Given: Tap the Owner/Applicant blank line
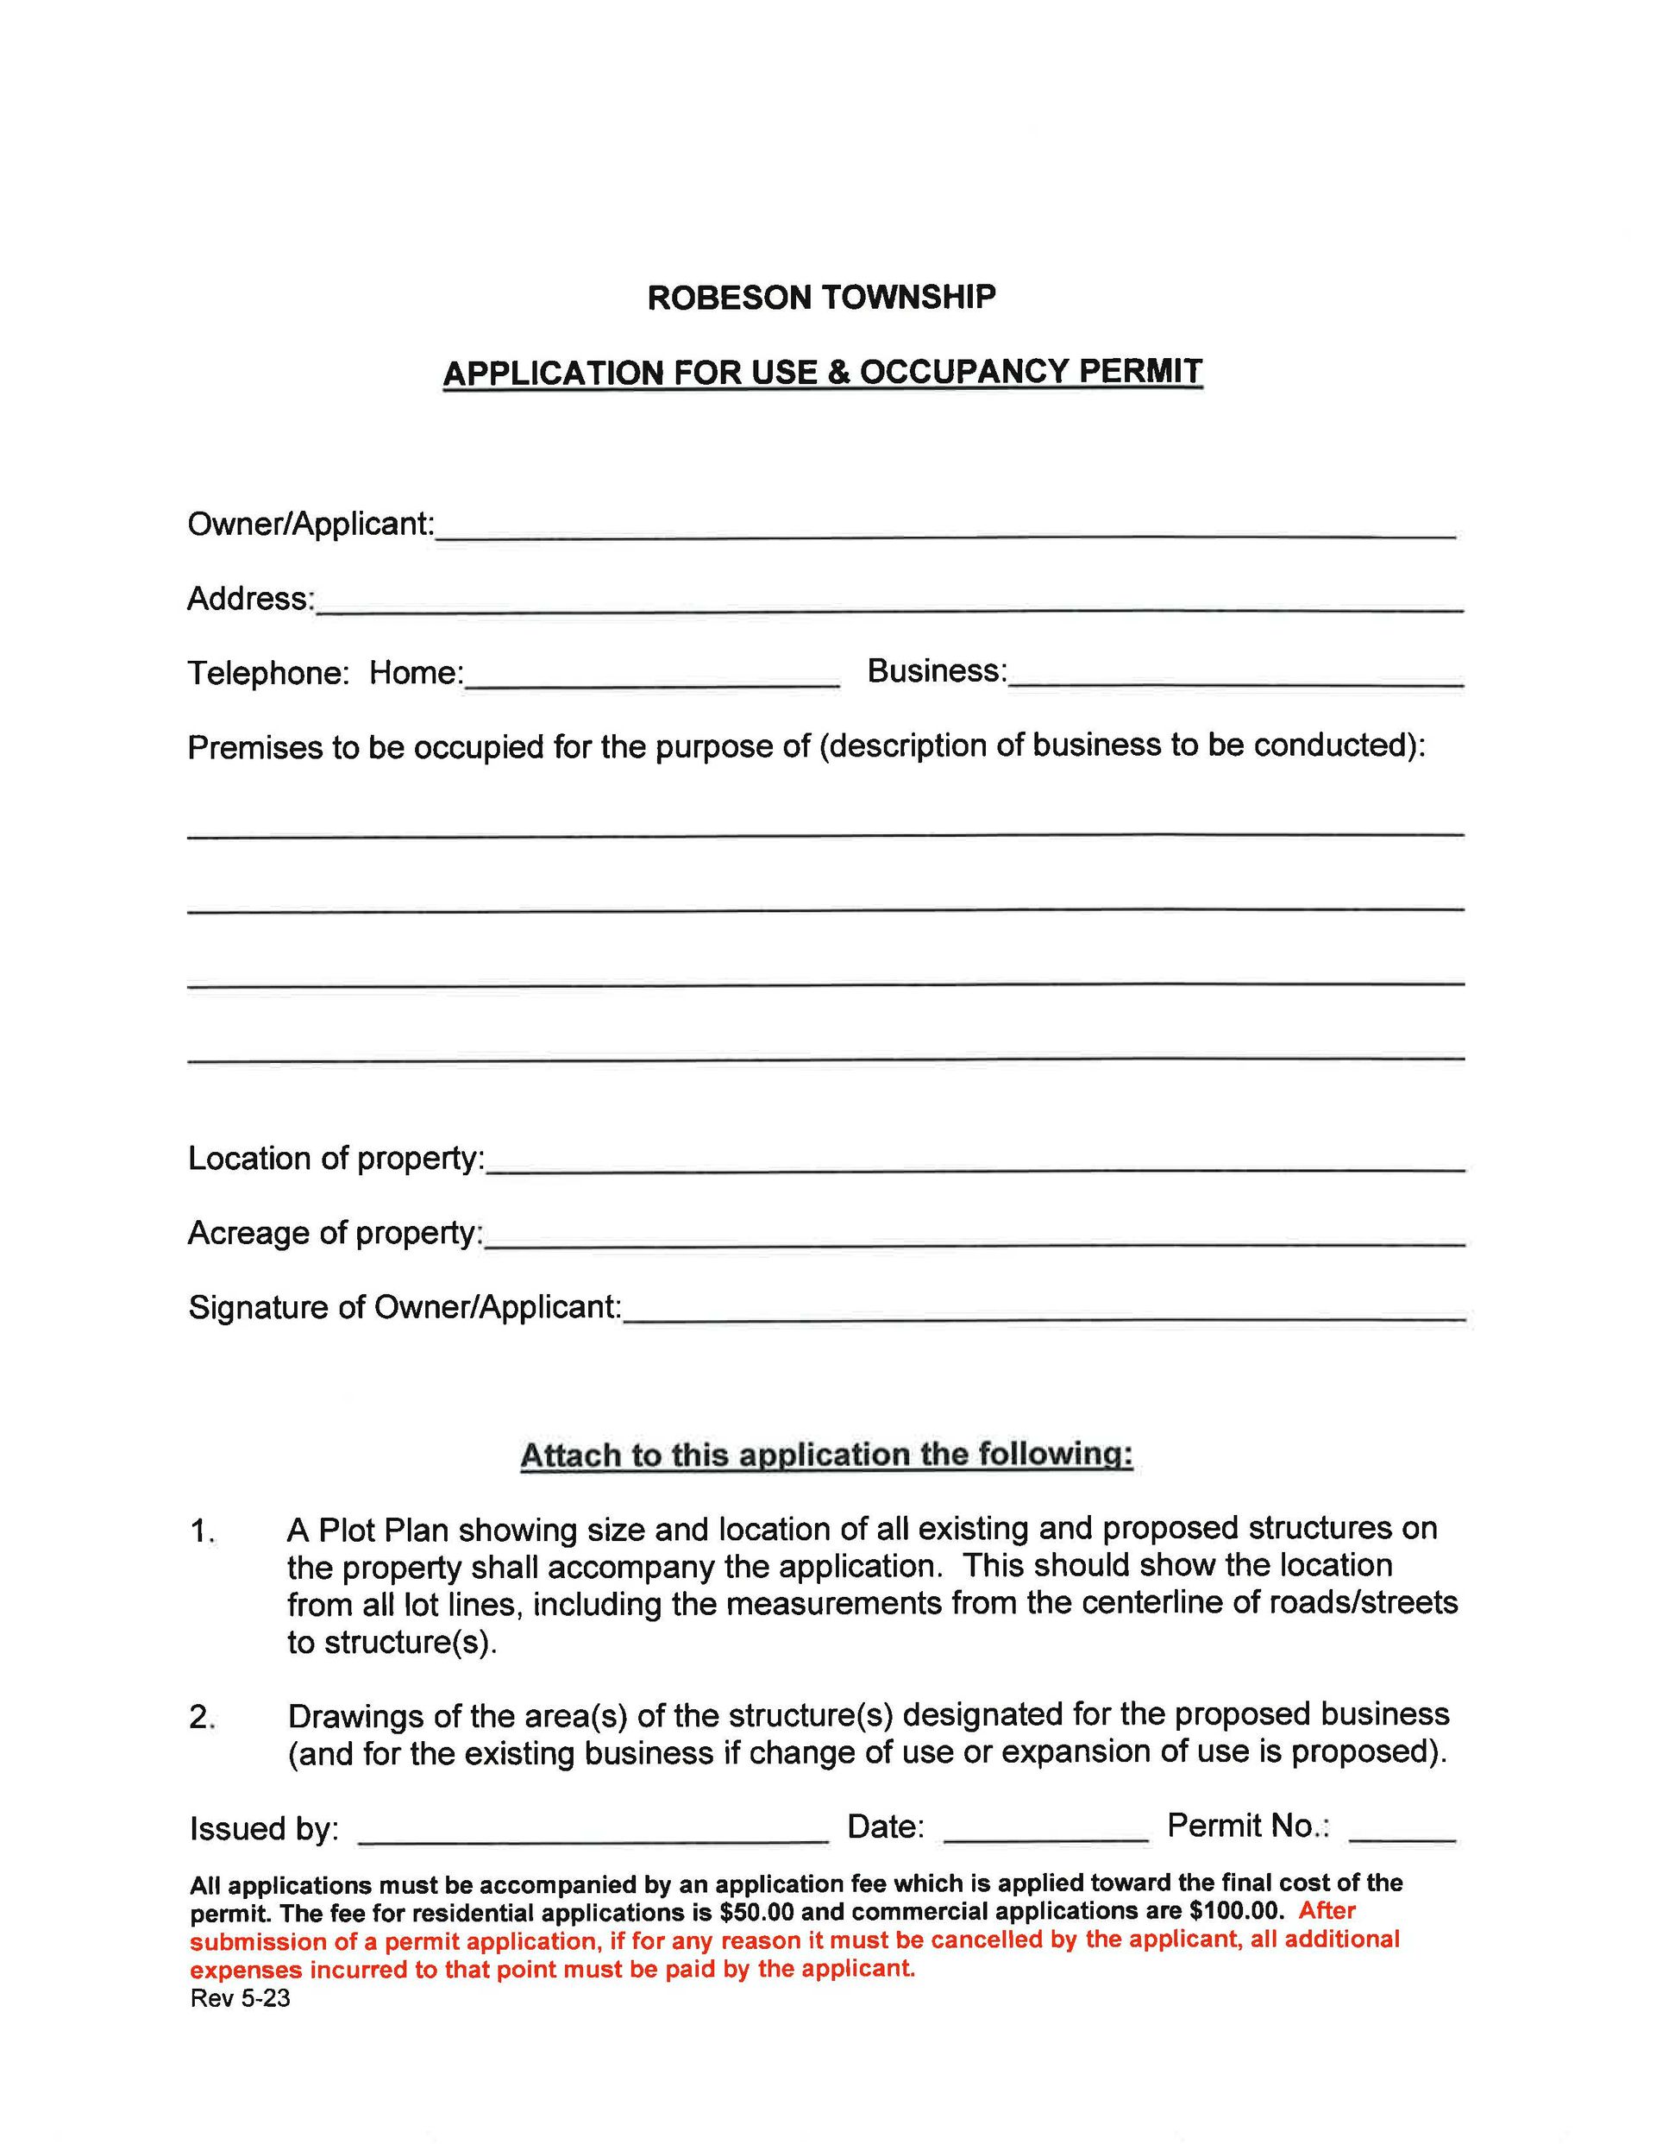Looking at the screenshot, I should point(944,530).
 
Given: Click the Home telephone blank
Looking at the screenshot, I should point(652,679).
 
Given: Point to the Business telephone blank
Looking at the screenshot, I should point(1235,677).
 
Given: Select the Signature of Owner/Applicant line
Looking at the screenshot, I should point(1044,1313).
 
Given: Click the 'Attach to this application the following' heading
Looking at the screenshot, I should point(825,1455).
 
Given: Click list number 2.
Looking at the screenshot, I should point(201,1717).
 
